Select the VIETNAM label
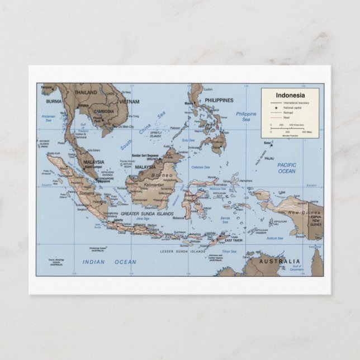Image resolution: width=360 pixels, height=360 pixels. point(129,102)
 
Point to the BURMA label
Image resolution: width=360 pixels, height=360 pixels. point(54,102)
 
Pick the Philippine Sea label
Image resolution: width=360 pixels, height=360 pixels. point(246,116)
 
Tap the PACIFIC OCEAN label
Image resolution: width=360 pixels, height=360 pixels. point(287,168)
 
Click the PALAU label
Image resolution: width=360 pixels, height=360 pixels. point(269,158)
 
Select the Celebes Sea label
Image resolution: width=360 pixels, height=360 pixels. point(200,167)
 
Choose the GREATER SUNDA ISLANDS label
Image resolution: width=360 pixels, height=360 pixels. point(146,214)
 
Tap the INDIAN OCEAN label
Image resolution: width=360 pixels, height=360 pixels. point(109,262)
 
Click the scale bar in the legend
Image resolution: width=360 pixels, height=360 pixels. point(291,129)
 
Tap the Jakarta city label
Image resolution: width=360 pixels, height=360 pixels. point(117,220)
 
